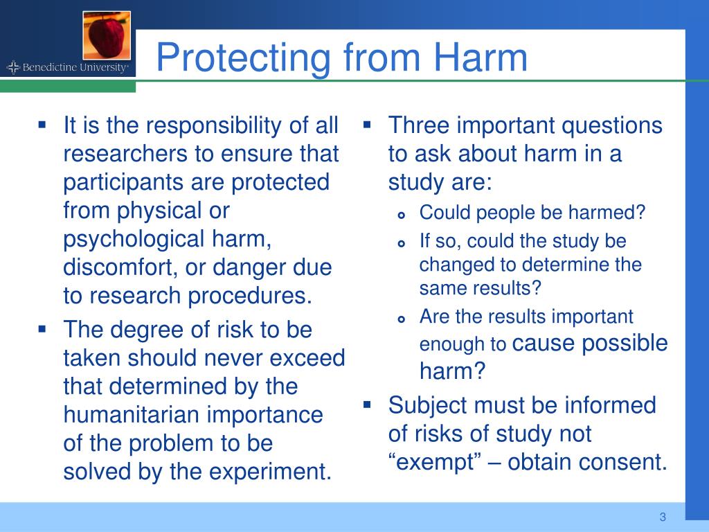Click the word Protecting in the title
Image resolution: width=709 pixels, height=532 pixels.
[243, 57]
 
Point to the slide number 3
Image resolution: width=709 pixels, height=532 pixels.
[663, 517]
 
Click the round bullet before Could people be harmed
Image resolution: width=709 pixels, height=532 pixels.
[401, 214]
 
